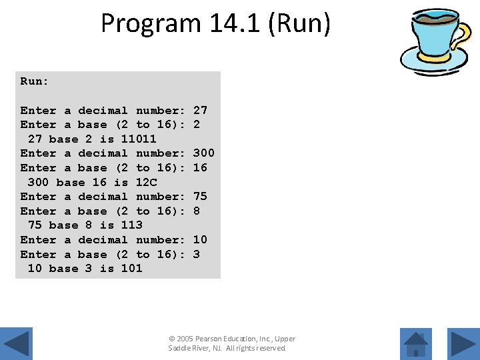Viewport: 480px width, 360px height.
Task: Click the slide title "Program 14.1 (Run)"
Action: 215,23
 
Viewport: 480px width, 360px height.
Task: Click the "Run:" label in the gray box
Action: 35,81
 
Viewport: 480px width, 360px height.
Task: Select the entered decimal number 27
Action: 200,110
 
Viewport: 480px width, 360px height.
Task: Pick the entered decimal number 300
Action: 203,153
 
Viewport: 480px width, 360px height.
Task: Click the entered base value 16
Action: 200,167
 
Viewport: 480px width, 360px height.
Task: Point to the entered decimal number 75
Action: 200,196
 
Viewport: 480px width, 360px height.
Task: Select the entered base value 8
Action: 197,211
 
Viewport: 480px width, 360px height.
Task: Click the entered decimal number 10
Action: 200,239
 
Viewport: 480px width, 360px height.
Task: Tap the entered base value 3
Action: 197,254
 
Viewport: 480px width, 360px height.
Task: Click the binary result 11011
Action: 139,139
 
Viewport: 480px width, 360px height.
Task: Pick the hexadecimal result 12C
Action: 146,182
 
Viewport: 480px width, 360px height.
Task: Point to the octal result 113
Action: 131,225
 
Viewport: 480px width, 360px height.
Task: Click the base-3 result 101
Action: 131,269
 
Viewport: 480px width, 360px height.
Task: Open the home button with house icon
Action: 416,344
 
